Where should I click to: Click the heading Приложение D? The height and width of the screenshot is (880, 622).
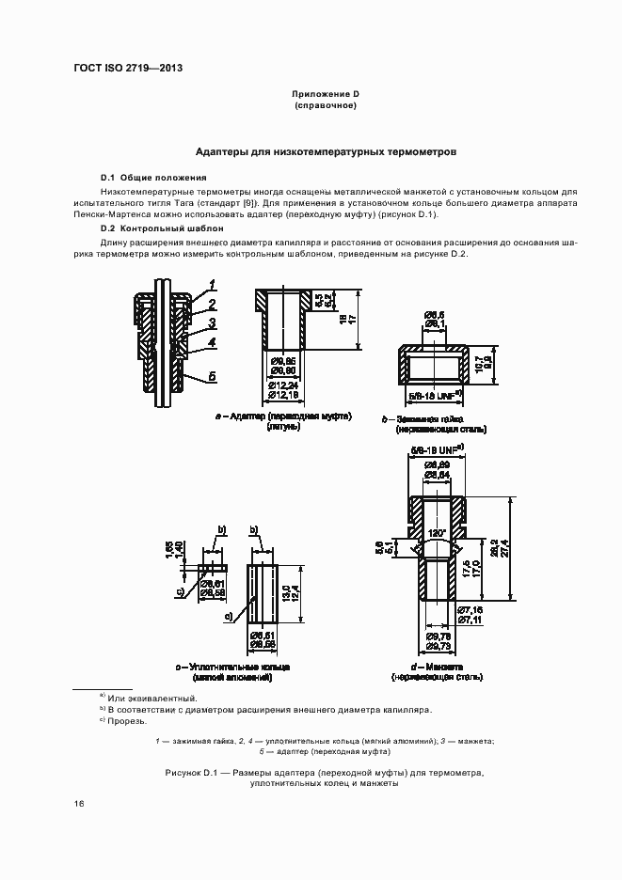[x=326, y=95]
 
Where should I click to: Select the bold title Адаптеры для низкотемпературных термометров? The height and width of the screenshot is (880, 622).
[x=325, y=150]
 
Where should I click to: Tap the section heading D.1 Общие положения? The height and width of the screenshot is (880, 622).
[x=153, y=178]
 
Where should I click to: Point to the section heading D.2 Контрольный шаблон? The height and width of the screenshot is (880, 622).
[x=162, y=228]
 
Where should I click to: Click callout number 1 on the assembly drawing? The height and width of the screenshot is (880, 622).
[x=214, y=284]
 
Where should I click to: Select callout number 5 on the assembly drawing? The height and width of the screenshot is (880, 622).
[x=214, y=376]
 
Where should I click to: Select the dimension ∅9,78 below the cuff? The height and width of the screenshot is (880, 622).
[x=439, y=636]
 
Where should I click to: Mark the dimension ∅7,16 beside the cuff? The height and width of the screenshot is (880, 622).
[x=470, y=610]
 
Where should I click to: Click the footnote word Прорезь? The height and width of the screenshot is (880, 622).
[x=127, y=721]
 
